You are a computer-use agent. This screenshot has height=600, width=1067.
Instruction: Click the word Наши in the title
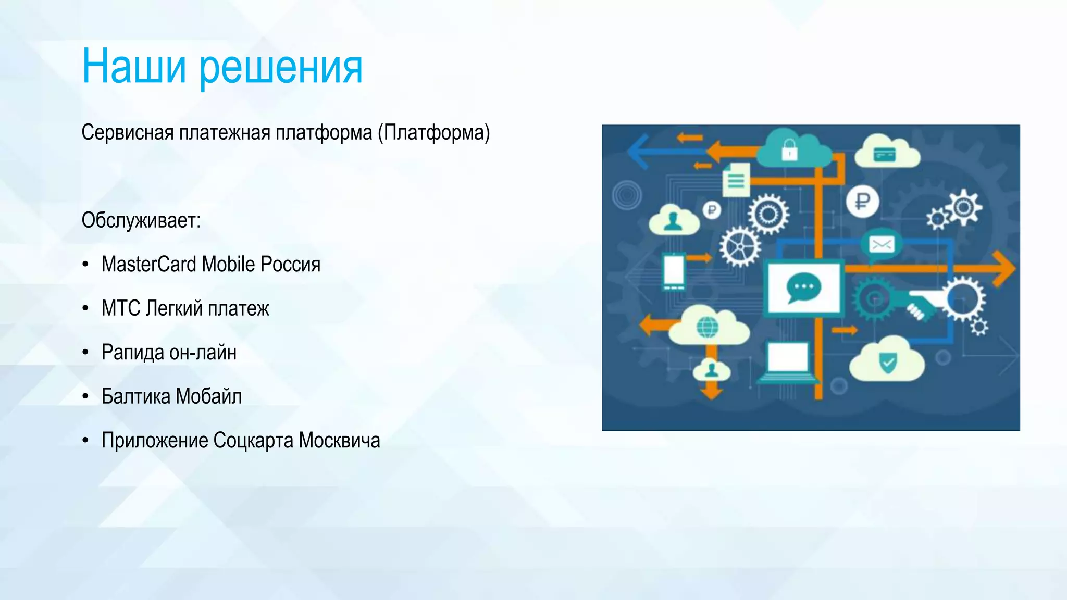[134, 66]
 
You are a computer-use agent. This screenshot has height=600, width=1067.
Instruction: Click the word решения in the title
[281, 68]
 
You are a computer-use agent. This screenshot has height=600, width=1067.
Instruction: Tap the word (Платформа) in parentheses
[434, 133]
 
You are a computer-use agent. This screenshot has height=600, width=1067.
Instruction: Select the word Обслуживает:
[141, 221]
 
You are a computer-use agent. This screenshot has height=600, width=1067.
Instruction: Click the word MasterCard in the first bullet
[148, 265]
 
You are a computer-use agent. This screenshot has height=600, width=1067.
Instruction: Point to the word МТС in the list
[121, 308]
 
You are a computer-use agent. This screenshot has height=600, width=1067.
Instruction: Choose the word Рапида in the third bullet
[133, 353]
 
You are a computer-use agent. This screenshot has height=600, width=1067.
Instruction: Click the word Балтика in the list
[135, 396]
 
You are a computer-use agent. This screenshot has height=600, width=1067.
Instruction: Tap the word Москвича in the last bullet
[339, 441]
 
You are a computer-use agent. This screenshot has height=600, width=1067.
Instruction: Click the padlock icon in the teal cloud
[789, 151]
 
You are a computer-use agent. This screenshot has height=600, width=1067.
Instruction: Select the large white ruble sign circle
[862, 201]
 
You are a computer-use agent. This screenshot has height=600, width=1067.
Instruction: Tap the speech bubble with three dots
[803, 287]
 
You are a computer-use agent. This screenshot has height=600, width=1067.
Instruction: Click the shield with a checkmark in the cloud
[888, 362]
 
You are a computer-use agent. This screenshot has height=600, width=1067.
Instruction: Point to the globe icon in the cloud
[707, 328]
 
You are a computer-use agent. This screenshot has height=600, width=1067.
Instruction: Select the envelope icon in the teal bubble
[881, 244]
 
